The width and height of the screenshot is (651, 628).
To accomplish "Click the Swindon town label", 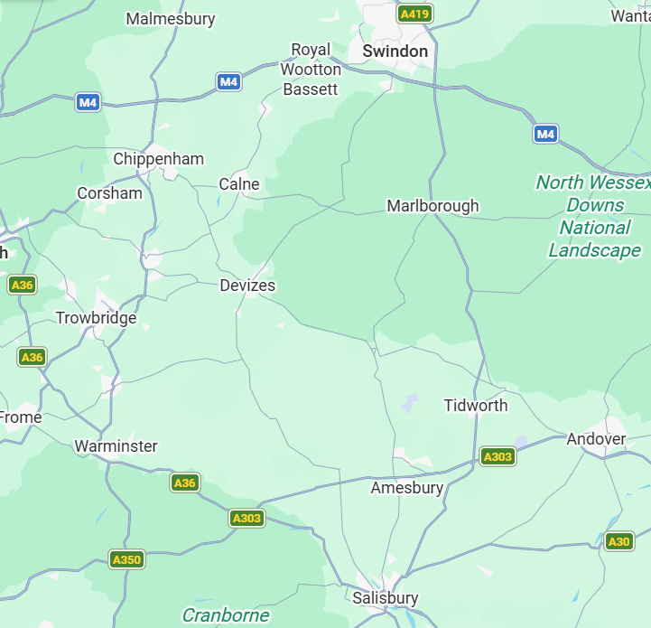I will point(395,52).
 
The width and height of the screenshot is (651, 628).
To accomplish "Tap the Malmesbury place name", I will point(171,19).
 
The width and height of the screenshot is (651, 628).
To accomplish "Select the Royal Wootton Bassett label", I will point(311,69).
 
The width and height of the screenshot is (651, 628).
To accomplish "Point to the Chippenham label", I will point(158,159).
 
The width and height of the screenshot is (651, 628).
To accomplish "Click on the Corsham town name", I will point(109,193).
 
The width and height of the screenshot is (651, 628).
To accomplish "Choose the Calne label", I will point(239,184).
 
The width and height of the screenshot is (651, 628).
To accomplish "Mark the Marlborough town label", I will point(432,206).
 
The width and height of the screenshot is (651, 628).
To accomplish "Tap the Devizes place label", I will point(247,286).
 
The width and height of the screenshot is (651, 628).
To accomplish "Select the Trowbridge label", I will point(96,318).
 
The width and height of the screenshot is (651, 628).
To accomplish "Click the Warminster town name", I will point(116,446).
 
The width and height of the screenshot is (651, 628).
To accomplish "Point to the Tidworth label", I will point(475,406).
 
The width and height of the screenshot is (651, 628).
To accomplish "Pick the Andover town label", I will point(596,439).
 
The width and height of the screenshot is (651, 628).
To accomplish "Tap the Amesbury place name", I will point(407,488).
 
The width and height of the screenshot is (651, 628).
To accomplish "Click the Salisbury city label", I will point(386,598).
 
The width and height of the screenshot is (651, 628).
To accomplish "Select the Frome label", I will point(21,417).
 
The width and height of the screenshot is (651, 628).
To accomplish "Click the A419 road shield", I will point(414,14).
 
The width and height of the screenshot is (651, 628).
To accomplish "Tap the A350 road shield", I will point(126,560).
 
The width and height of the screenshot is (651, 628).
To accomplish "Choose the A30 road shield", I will point(618,541).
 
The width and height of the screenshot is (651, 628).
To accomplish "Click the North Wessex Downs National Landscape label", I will point(594,216).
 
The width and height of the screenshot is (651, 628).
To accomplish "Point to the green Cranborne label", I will point(226,615).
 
